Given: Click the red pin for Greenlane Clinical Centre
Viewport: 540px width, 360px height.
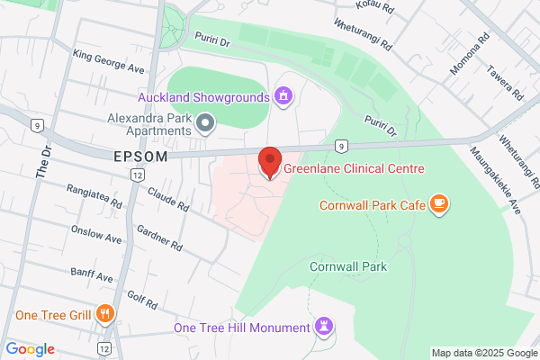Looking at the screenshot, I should (x=269, y=160).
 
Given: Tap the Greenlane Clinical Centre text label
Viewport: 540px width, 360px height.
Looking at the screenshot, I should (x=354, y=168).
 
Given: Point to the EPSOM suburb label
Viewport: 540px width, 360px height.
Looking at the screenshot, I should (x=141, y=157).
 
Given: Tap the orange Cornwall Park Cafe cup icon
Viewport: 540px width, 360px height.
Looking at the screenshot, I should (x=438, y=204).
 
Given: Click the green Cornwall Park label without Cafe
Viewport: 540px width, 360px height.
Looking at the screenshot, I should (x=347, y=266).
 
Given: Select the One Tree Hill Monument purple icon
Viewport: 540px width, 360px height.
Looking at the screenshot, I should (x=324, y=327).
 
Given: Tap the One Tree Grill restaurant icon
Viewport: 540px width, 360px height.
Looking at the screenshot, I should (x=106, y=314).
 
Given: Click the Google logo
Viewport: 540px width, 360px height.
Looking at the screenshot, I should (x=30, y=349).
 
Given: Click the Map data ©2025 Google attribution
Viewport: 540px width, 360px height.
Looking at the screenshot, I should (x=483, y=352).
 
